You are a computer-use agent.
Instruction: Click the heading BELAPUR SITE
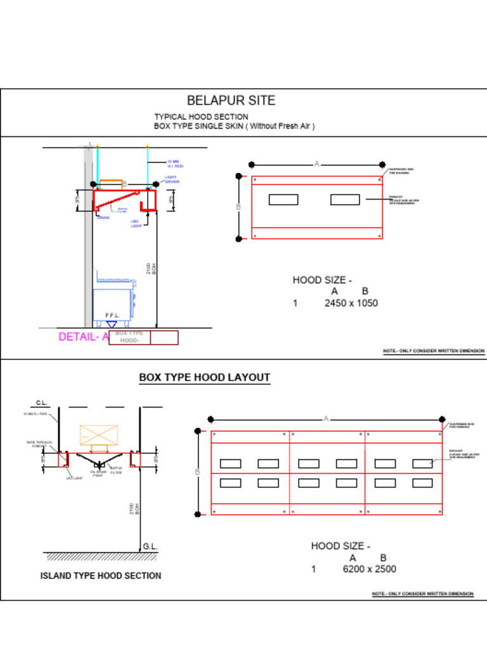pyautogui.click(x=231, y=101)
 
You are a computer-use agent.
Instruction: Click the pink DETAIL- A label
pyautogui.click(x=84, y=337)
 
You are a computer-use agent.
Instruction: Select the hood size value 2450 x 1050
pyautogui.click(x=351, y=303)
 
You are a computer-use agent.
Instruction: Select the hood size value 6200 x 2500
pyautogui.click(x=369, y=569)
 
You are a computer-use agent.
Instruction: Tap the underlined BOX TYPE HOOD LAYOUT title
pyautogui.click(x=204, y=378)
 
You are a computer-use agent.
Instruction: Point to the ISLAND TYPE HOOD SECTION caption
pyautogui.click(x=101, y=576)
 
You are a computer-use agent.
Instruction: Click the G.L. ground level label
pyautogui.click(x=150, y=546)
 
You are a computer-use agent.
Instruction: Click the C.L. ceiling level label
pyautogui.click(x=42, y=402)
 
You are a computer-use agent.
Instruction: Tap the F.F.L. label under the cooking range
pyautogui.click(x=113, y=316)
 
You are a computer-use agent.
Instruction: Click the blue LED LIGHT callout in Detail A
pyautogui.click(x=136, y=224)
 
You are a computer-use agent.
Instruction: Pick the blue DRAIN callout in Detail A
pyautogui.click(x=103, y=218)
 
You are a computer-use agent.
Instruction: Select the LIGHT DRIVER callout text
pyautogui.click(x=172, y=179)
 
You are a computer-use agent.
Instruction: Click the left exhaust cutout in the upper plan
pyautogui.click(x=283, y=200)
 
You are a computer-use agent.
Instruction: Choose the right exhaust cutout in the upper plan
pyautogui.click(x=345, y=200)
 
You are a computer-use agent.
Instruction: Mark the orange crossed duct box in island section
pyautogui.click(x=98, y=435)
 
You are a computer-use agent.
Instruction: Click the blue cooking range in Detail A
pyautogui.click(x=114, y=298)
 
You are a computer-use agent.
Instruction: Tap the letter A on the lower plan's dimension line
pyautogui.click(x=326, y=419)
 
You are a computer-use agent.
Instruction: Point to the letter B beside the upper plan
pyautogui.click(x=238, y=207)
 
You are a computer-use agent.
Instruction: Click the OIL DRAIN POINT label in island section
pyautogui.click(x=98, y=473)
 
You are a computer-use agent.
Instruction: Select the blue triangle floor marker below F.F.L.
pyautogui.click(x=112, y=324)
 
